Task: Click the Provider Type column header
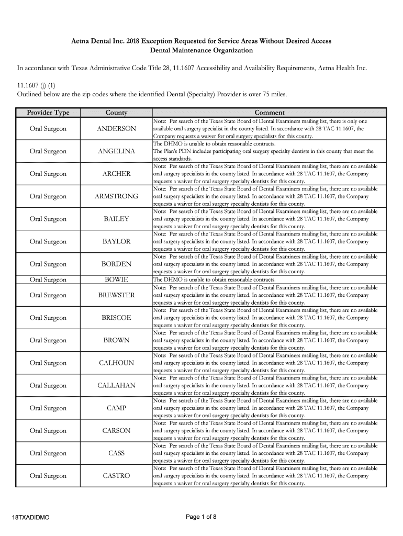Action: (48, 113)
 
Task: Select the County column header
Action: (116, 113)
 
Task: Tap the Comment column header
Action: (269, 113)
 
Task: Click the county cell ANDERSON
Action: (116, 129)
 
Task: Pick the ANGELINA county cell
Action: (116, 151)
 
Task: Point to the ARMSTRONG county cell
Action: (116, 196)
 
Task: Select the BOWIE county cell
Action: (116, 280)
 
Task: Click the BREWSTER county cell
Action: (116, 295)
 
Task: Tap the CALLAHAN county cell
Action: (116, 386)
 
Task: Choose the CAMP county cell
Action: (116, 408)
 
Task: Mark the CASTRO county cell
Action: (116, 476)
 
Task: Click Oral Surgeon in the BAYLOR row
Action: (48, 242)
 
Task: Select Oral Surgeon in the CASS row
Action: (48, 453)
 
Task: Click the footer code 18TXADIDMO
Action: (31, 518)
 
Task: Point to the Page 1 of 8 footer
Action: (201, 517)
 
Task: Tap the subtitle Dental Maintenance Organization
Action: (201, 51)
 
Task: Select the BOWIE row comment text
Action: (214, 280)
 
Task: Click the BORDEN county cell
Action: (116, 264)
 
